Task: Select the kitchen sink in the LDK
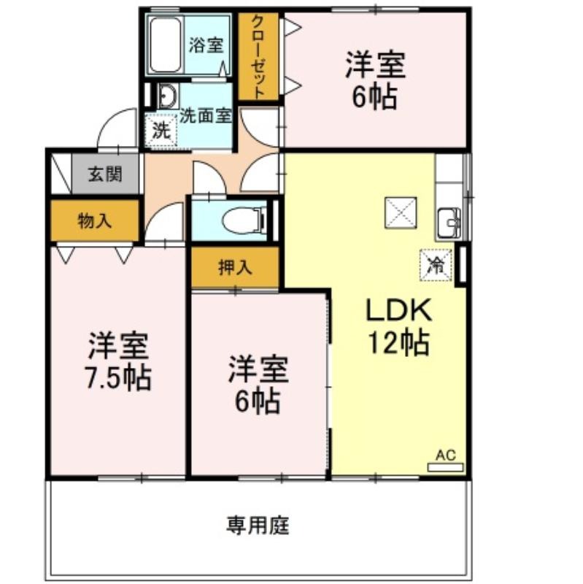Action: [449, 223]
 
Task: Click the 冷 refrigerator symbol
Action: [436, 265]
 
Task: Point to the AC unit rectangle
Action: [445, 467]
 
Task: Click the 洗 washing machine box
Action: [161, 130]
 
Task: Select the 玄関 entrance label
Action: [105, 174]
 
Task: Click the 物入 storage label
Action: [95, 221]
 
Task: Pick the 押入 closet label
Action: [235, 267]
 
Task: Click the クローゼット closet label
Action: [258, 57]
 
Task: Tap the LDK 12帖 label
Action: [398, 326]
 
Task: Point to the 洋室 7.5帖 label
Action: [119, 361]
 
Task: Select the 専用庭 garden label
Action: [258, 525]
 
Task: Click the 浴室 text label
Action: [206, 45]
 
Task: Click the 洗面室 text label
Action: [206, 116]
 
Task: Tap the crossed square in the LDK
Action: [401, 212]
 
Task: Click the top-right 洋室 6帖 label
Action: [375, 80]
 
